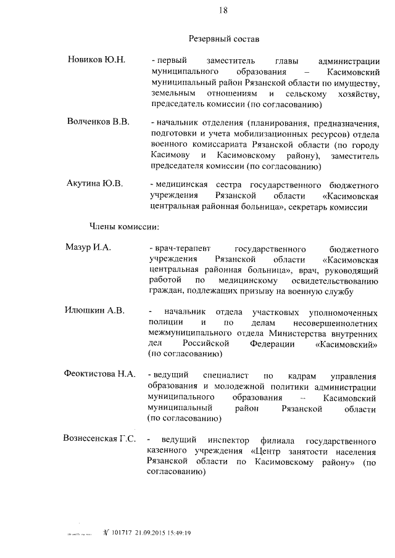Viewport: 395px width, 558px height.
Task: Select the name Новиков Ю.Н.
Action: pyautogui.click(x=97, y=60)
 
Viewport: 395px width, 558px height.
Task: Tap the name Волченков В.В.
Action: pyautogui.click(x=98, y=121)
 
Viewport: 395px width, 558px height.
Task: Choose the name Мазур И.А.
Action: pyautogui.click(x=88, y=247)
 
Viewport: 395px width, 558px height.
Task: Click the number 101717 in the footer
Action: pyautogui.click(x=123, y=532)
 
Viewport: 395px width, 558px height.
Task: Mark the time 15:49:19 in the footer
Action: pyautogui.click(x=179, y=532)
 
